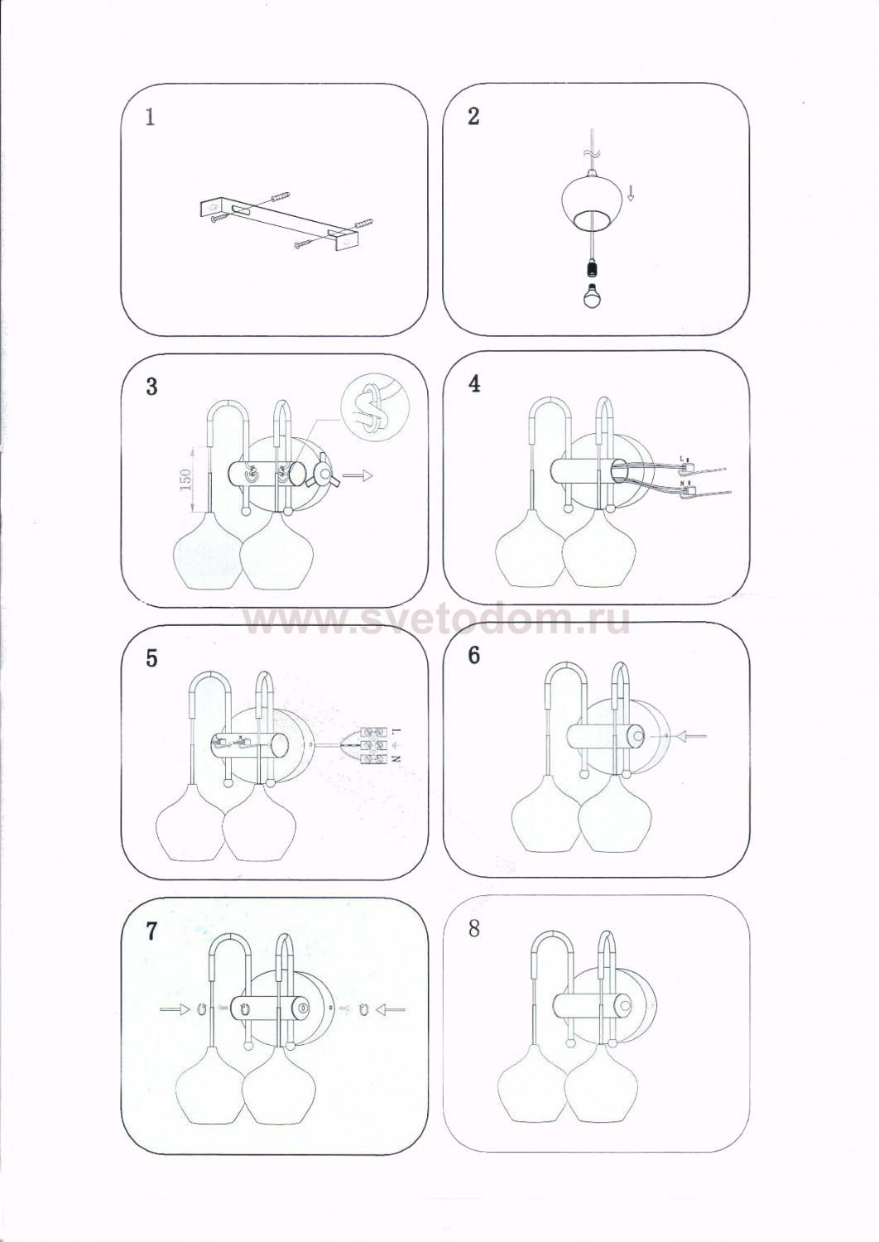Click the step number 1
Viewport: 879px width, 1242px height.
click(150, 118)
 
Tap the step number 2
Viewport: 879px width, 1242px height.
click(473, 116)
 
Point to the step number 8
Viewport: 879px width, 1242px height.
click(473, 928)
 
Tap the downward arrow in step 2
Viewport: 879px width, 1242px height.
click(631, 195)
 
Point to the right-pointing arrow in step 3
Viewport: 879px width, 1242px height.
click(359, 475)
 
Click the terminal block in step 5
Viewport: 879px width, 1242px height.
click(374, 744)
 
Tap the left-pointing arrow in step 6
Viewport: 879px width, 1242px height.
click(692, 734)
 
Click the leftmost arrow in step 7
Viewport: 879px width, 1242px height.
click(175, 1009)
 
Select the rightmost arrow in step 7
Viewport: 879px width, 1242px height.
click(392, 1009)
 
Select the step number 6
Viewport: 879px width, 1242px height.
click(473, 655)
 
